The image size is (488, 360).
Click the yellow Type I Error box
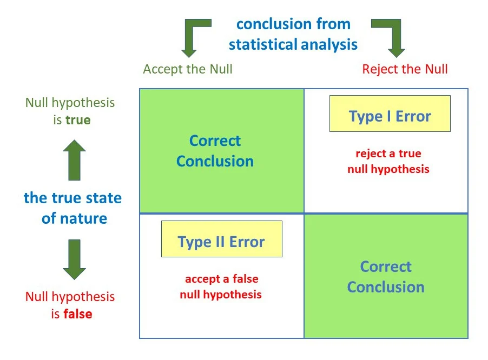click(390, 114)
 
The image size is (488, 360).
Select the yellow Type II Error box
click(221, 239)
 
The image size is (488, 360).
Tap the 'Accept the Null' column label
click(188, 69)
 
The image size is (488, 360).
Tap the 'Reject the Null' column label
click(405, 69)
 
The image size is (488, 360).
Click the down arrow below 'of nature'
click(74, 259)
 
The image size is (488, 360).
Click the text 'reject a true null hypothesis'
click(388, 161)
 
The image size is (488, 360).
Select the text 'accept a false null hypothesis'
click(221, 287)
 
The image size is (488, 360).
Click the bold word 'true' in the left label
click(78, 120)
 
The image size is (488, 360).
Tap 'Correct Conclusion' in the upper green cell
click(215, 151)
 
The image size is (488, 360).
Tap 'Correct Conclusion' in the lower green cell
click(386, 277)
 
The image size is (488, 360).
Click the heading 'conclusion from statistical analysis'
click(293, 34)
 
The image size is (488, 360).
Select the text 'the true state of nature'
click(73, 208)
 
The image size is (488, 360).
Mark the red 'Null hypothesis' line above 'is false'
click(70, 296)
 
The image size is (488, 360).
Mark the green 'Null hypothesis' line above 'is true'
click(70, 102)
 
